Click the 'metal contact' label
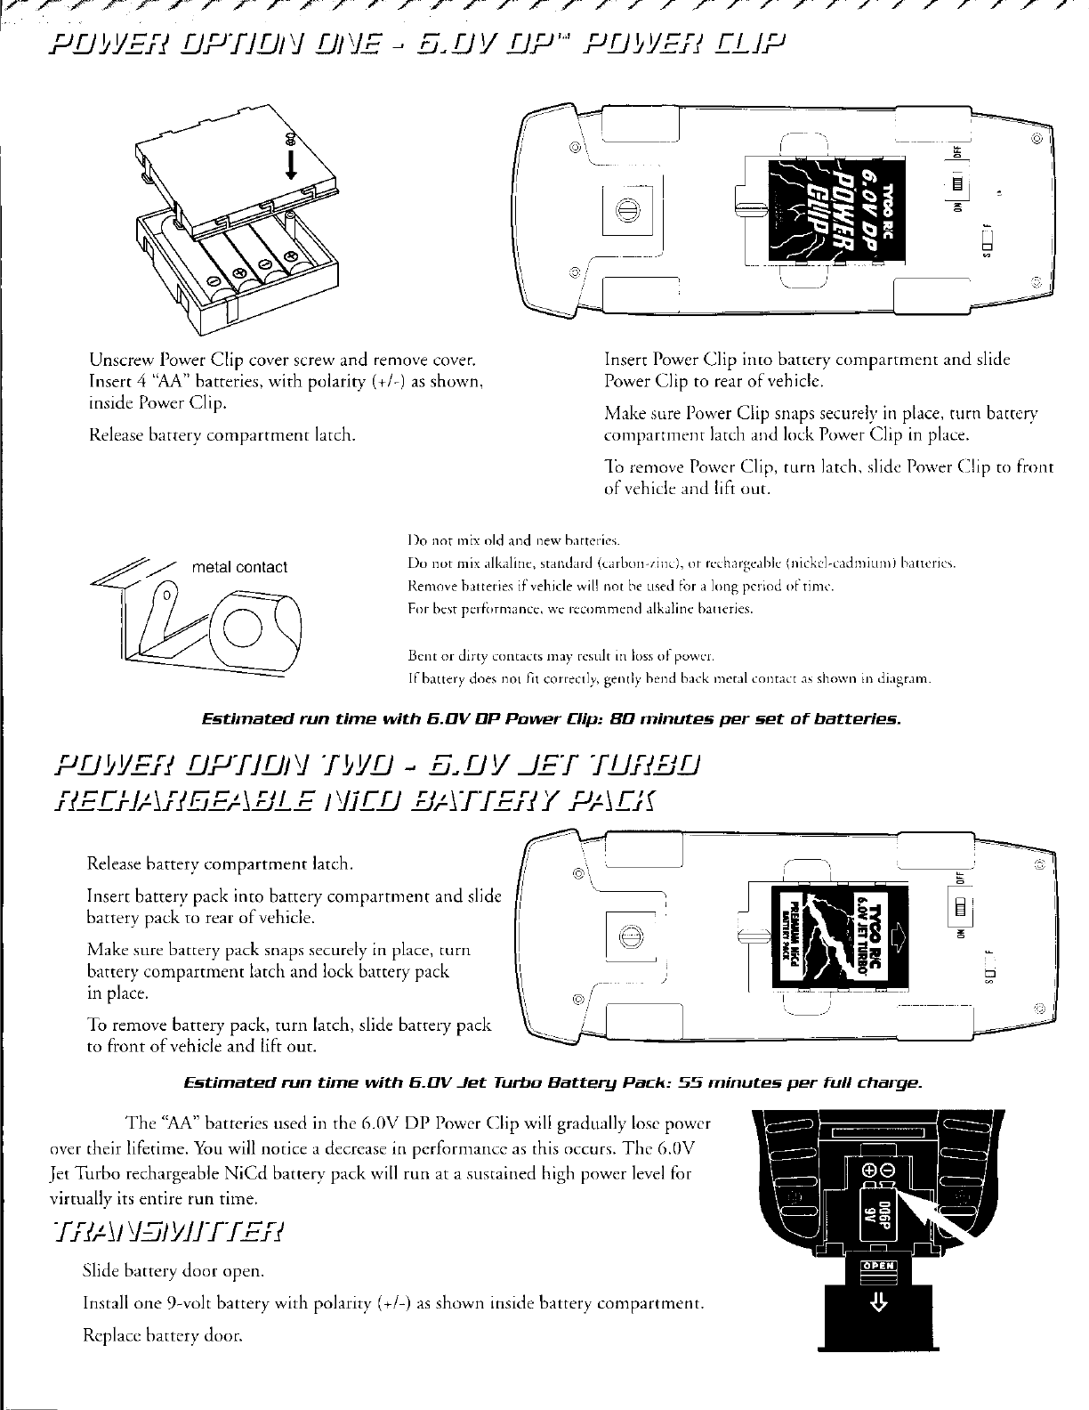click(239, 567)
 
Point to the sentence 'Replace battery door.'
click(162, 1336)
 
